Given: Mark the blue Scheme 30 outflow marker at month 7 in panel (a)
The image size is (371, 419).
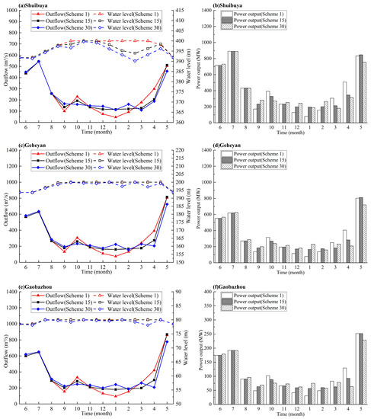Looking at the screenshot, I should pyautogui.click(x=40, y=61).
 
